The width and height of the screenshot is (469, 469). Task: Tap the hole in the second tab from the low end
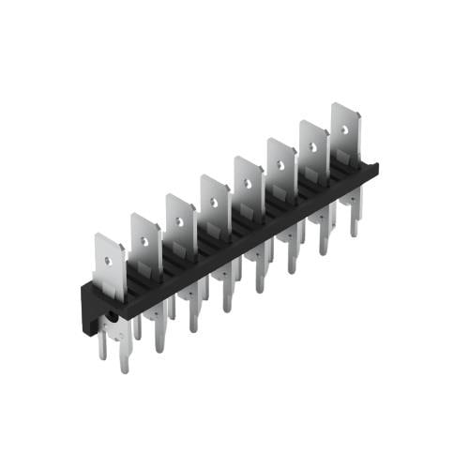(145, 239)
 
